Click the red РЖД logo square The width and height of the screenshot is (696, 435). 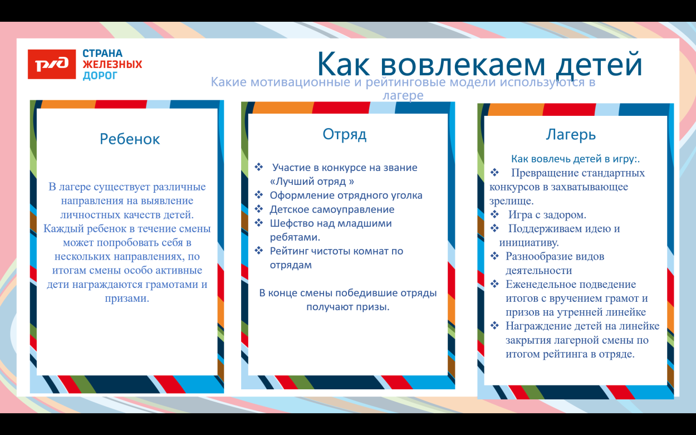pos(51,64)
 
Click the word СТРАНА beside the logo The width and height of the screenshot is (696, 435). pos(102,54)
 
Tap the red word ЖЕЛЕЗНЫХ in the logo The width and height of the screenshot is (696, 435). pos(112,65)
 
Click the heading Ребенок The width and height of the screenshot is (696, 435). pos(130,139)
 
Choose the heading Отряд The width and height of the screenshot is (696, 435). pos(345,135)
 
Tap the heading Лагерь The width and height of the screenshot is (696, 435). pos(571,135)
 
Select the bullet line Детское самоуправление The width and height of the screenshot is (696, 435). pos(332,209)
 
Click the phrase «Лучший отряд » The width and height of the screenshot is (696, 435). pos(312,182)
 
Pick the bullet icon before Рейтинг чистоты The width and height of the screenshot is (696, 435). pos(258,251)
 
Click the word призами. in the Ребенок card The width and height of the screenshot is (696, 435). pos(127,299)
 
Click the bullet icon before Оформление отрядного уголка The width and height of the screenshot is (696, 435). pos(258,195)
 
